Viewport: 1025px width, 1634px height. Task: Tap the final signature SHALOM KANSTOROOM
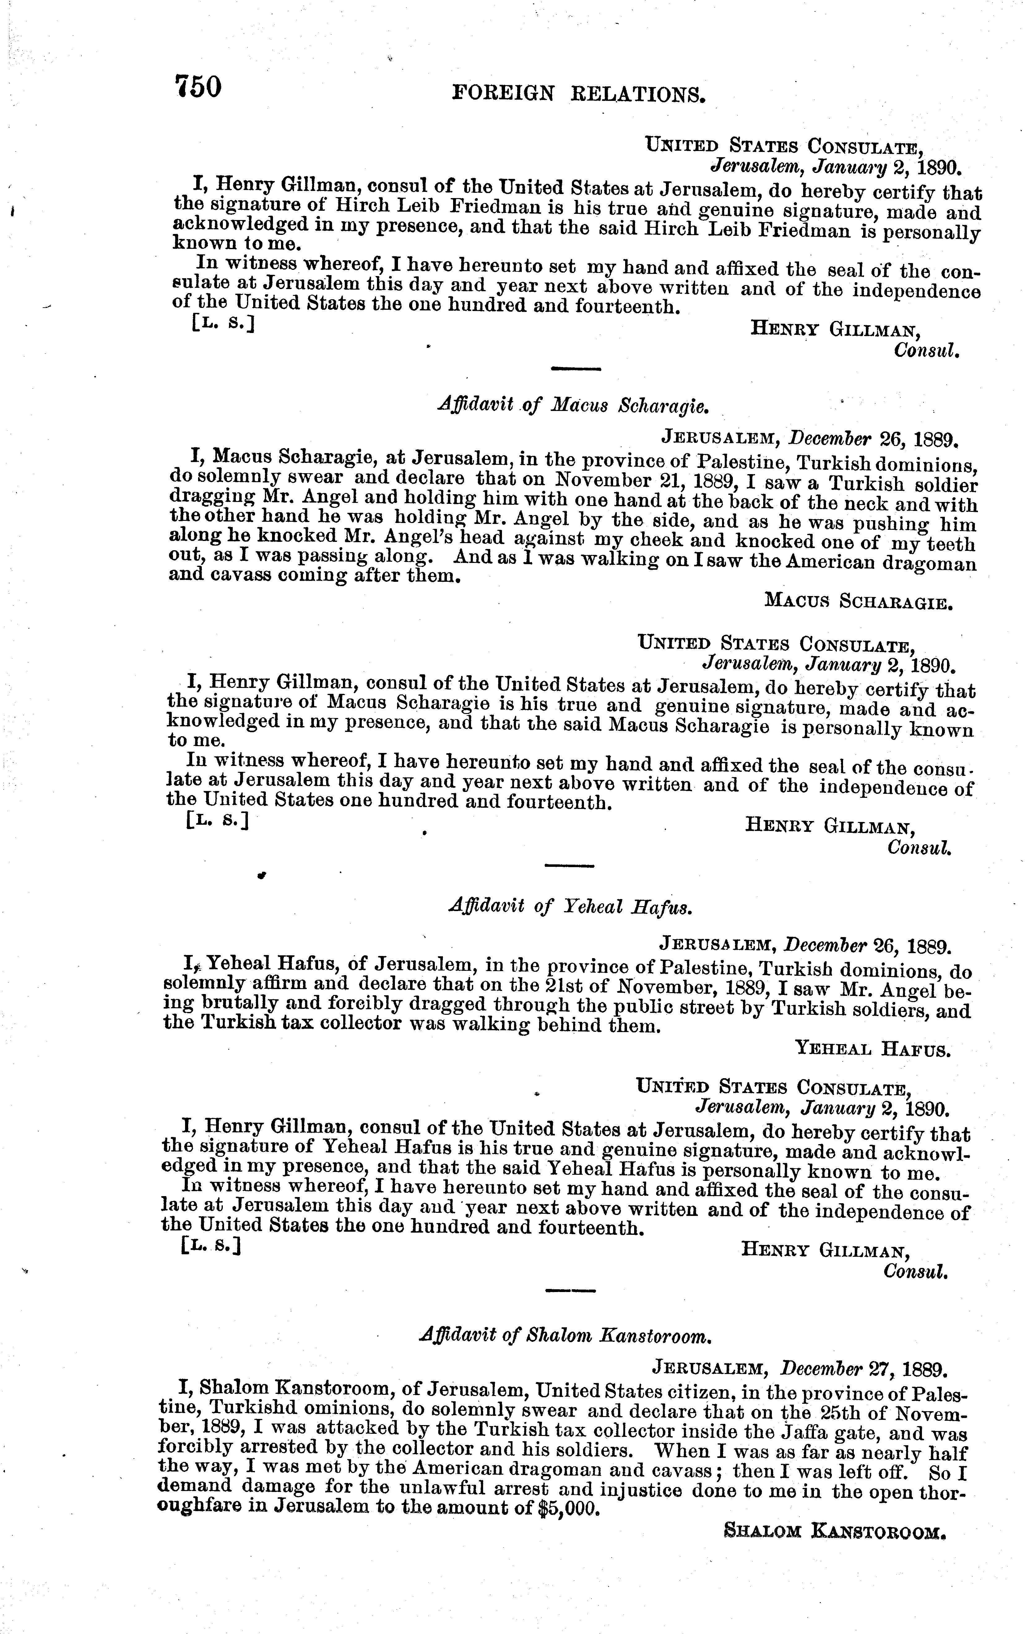coord(834,1529)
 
